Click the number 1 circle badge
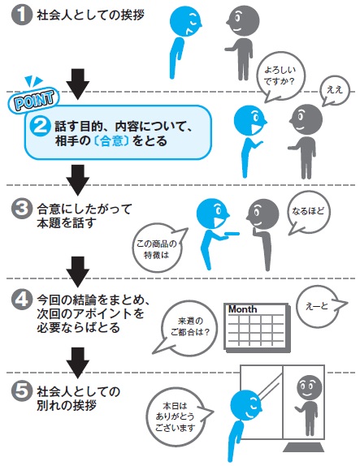pyautogui.click(x=21, y=15)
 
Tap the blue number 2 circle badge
pyautogui.click(x=40, y=127)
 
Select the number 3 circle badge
pyautogui.click(x=21, y=209)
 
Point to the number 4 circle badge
pyautogui.click(x=21, y=300)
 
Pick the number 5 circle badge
pyautogui.click(x=21, y=390)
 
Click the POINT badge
pyautogui.click(x=35, y=100)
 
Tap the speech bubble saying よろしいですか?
pyautogui.click(x=279, y=76)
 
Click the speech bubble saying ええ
pyautogui.click(x=335, y=90)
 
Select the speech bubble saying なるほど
pyautogui.click(x=308, y=212)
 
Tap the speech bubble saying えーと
pyautogui.click(x=319, y=305)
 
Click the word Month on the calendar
pyautogui.click(x=242, y=309)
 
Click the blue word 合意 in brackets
pyautogui.click(x=111, y=141)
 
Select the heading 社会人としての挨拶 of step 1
pyautogui.click(x=90, y=15)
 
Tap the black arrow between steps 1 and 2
pyautogui.click(x=78, y=84)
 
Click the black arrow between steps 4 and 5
pyautogui.click(x=78, y=363)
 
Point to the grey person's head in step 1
pyautogui.click(x=242, y=21)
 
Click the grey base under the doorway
pyautogui.click(x=303, y=448)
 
